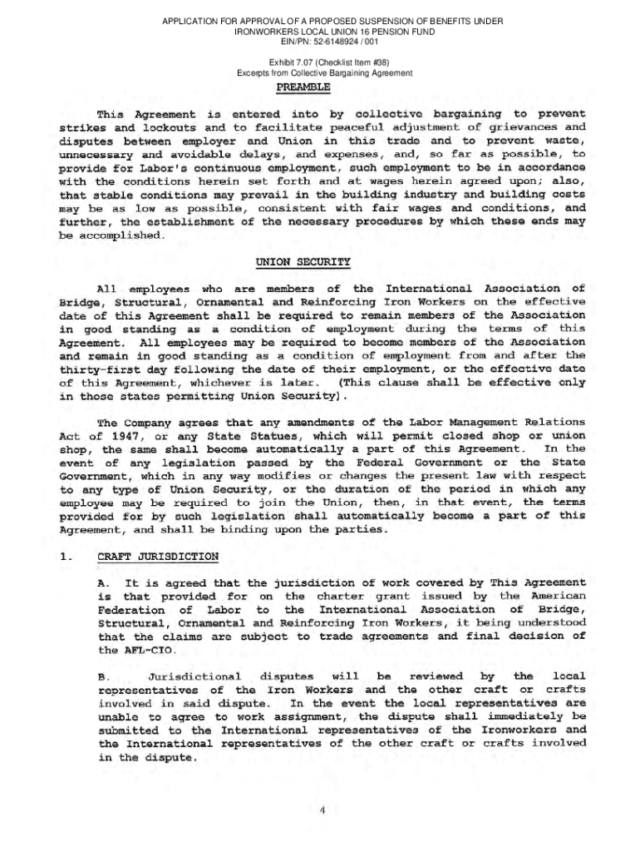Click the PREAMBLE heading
pyautogui.click(x=303, y=87)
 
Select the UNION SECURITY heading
pyautogui.click(x=303, y=262)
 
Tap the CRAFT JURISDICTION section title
pyautogui.click(x=158, y=556)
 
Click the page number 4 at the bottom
pyautogui.click(x=321, y=812)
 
